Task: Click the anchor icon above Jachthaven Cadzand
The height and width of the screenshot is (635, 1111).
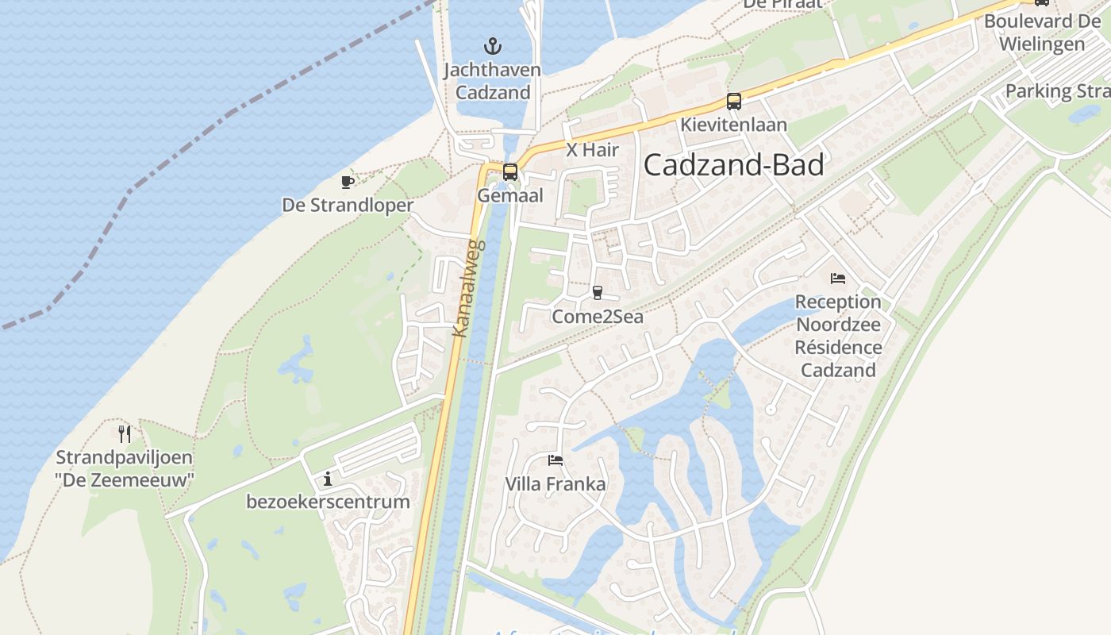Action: pos(493,45)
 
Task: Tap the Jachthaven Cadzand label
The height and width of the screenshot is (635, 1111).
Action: pos(492,81)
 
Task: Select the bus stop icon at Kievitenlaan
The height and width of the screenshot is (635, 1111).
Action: pos(734,102)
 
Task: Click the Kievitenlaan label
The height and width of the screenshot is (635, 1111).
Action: pos(733,125)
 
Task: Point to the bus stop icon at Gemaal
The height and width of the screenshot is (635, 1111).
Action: pos(510,171)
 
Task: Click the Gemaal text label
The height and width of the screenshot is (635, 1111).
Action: pos(510,195)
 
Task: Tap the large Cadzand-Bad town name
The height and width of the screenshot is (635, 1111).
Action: pos(733,164)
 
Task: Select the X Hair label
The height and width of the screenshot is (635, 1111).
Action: pos(592,149)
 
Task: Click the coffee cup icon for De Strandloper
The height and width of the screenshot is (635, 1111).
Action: pos(347,182)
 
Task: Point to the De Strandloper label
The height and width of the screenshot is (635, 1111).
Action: pos(348,206)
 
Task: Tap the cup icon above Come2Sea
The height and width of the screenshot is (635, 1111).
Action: pos(598,293)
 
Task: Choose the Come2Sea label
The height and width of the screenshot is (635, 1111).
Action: pos(598,317)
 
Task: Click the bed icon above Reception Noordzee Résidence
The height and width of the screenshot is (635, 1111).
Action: pos(838,279)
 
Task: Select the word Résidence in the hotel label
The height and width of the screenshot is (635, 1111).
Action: pos(838,347)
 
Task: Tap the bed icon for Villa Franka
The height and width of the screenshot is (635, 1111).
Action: pos(555,460)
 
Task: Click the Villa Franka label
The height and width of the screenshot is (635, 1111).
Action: pos(555,484)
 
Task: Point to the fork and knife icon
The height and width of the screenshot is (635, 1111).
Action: pos(124,433)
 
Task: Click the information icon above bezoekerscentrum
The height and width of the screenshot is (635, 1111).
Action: pos(328,479)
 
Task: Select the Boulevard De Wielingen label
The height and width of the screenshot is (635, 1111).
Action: pos(1042,33)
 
